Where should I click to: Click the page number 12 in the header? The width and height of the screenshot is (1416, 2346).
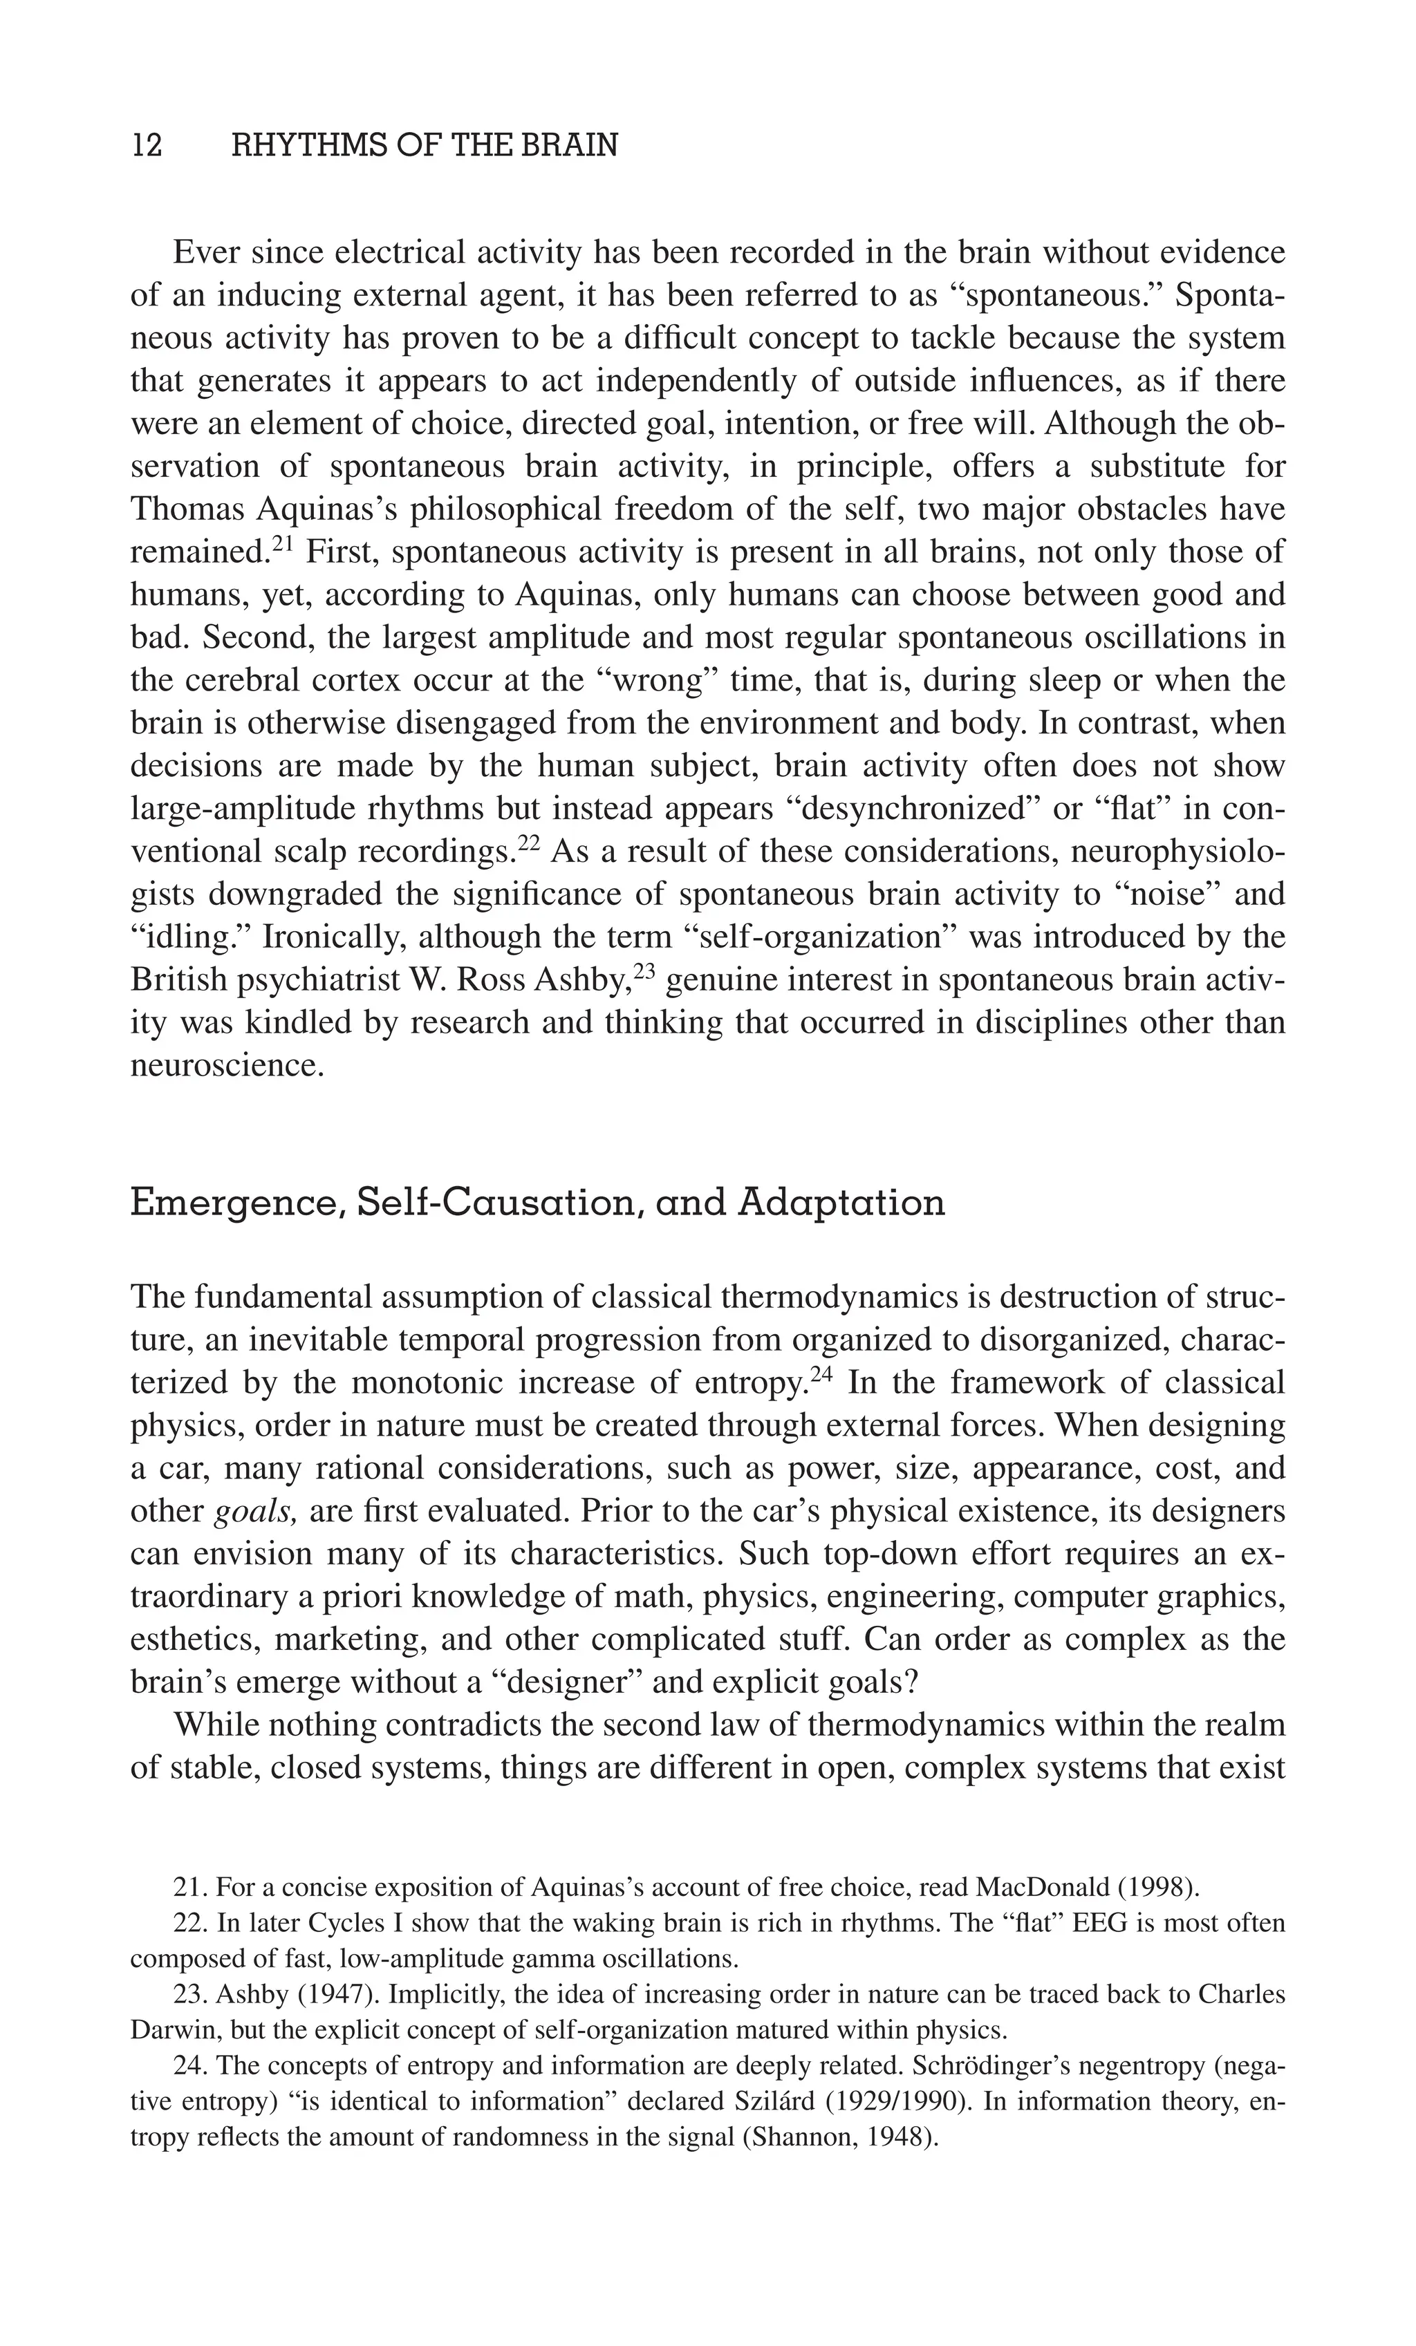(147, 146)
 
